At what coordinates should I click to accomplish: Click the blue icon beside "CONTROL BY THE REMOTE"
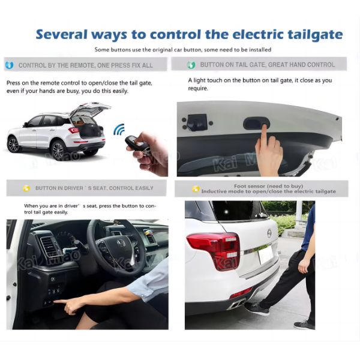(x=10, y=65)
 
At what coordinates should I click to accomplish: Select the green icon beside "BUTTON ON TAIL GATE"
(x=191, y=65)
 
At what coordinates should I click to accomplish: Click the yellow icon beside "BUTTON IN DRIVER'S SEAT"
(x=26, y=188)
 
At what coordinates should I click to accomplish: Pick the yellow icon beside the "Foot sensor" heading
(x=196, y=189)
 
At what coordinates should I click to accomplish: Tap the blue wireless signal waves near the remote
(x=119, y=129)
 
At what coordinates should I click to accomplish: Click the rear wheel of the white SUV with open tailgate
(x=58, y=151)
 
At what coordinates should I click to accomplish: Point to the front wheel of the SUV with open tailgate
(x=13, y=145)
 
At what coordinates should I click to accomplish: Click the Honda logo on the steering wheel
(x=120, y=242)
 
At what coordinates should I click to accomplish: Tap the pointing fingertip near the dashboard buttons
(x=55, y=301)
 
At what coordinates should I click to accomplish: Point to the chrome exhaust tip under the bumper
(x=238, y=305)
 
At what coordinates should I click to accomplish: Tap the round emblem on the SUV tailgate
(x=269, y=233)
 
